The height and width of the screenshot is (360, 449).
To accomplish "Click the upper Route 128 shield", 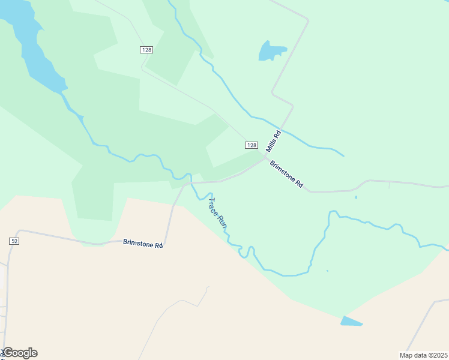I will [147, 49].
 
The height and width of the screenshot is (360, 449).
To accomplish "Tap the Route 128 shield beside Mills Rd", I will [252, 145].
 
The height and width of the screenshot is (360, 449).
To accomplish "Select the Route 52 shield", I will [14, 241].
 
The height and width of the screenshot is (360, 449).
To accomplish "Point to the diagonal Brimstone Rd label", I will [286, 175].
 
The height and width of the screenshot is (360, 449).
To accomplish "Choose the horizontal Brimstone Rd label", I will [143, 243].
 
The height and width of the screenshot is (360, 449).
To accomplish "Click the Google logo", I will [20, 353].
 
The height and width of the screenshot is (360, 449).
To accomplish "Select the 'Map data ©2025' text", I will [424, 355].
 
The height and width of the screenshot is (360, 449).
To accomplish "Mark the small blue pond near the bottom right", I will [351, 322].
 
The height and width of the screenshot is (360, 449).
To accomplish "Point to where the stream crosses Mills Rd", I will [283, 129].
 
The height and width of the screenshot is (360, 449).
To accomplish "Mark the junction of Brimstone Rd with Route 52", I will [20, 230].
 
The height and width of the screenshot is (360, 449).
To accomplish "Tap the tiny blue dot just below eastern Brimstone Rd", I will [355, 197].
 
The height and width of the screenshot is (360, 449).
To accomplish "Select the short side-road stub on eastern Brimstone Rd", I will [390, 185].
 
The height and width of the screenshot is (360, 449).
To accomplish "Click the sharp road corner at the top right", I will [307, 20].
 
